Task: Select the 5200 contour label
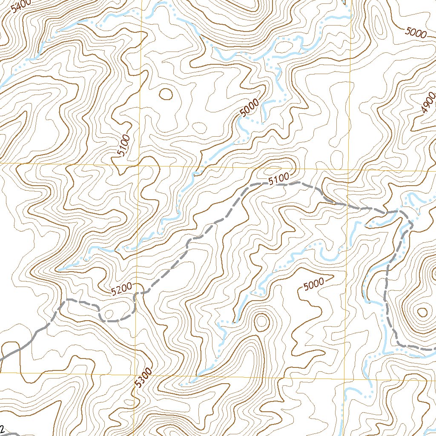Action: point(122,290)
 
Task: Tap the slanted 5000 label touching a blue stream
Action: point(250,108)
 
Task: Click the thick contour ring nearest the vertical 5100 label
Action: point(166,94)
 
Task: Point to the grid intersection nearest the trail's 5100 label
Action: point(348,169)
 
